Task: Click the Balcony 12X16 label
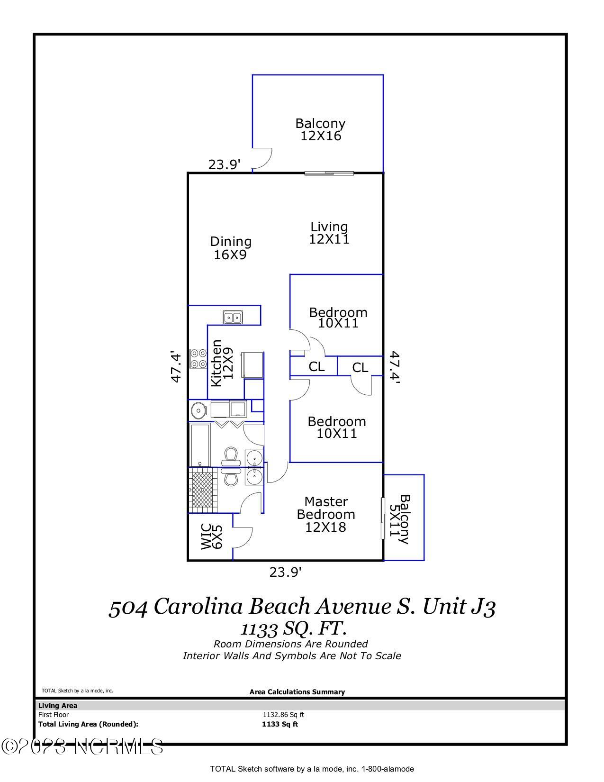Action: (x=320, y=130)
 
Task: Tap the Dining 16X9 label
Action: (x=231, y=248)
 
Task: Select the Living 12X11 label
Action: (x=329, y=233)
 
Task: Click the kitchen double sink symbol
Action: (x=233, y=317)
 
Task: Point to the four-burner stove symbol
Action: (x=198, y=358)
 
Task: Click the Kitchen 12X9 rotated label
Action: (x=222, y=363)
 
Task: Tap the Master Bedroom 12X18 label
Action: (x=326, y=514)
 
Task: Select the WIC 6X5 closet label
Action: (x=211, y=536)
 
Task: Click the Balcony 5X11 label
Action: (x=399, y=519)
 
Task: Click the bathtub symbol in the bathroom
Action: (x=200, y=445)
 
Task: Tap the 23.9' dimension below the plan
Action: (x=285, y=573)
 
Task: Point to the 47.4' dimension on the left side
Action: (x=176, y=367)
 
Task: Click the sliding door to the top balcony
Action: (x=329, y=173)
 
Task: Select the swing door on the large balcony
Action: (x=262, y=159)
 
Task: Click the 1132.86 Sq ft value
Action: (x=283, y=715)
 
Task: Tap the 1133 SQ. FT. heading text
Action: (x=293, y=629)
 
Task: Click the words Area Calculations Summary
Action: (x=297, y=692)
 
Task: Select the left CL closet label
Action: (x=316, y=366)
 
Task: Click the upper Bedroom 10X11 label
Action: (x=338, y=318)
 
